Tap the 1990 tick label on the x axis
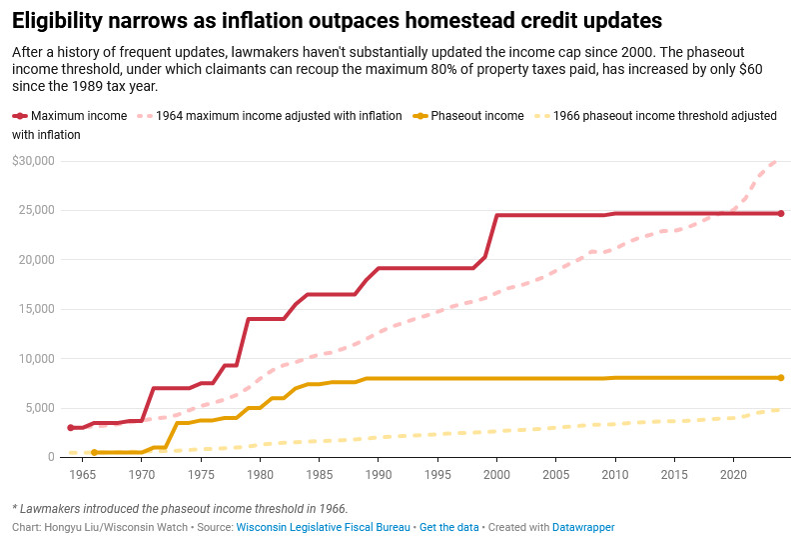tap(379, 474)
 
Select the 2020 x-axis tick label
tap(734, 474)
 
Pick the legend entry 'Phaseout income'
tap(476, 116)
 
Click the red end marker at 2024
tap(781, 213)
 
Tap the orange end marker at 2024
tap(781, 378)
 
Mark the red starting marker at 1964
tap(70, 428)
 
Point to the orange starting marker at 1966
tap(94, 453)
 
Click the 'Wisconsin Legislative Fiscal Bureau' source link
tap(323, 527)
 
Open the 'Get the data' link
tap(444, 527)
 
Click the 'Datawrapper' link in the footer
tap(583, 527)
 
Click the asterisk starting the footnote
tap(15, 509)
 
